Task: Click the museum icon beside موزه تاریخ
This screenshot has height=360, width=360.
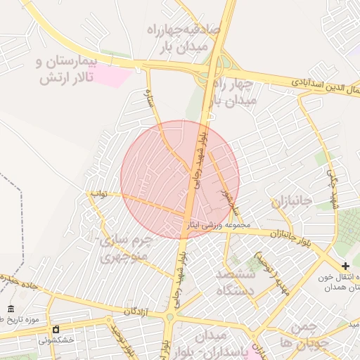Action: pos(11,309)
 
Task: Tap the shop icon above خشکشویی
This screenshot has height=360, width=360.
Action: pos(56,328)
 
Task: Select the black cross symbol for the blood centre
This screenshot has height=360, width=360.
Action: pos(345,266)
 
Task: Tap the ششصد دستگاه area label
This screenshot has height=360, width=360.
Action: pos(239,281)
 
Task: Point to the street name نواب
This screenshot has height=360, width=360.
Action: pos(98,193)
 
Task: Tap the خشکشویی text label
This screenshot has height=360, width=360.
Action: pos(56,340)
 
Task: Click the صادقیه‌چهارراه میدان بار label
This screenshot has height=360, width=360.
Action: pos(184,37)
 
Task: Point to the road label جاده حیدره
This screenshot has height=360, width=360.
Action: pos(18,281)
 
